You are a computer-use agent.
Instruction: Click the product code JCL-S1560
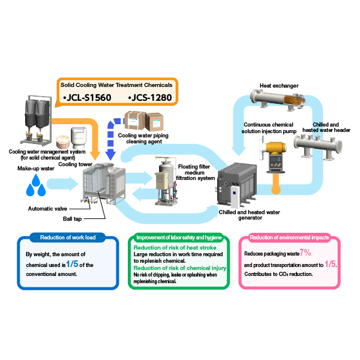click(87, 98)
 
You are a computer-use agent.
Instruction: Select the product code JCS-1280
click(150, 98)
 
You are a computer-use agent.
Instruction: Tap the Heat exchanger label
click(279, 86)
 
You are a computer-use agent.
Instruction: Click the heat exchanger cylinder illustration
click(278, 100)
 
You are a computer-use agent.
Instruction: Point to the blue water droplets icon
click(35, 185)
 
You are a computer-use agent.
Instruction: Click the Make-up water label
click(36, 169)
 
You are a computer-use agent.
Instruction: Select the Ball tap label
click(73, 219)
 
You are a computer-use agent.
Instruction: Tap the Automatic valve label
click(47, 209)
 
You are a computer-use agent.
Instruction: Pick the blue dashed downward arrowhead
click(110, 154)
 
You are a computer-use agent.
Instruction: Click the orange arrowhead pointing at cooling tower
click(95, 155)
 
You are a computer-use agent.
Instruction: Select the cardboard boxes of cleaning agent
click(144, 121)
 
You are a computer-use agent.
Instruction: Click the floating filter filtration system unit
click(166, 181)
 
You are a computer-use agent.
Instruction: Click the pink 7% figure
click(305, 253)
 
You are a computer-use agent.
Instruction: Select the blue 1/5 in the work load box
click(72, 264)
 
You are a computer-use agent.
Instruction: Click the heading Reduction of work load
click(68, 238)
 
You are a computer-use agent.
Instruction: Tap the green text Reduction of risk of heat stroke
click(175, 247)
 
